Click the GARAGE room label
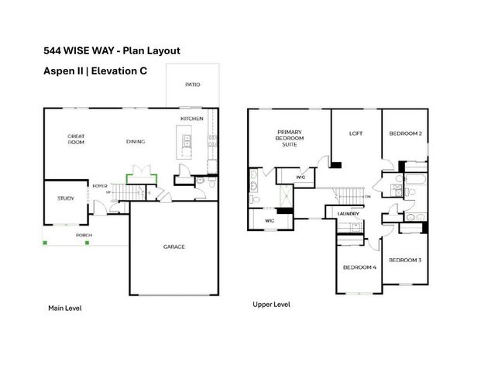tap(174, 247)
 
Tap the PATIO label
tap(193, 84)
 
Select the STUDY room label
tap(65, 198)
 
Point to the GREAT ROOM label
tap(75, 139)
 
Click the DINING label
tap(136, 142)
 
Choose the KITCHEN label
tap(192, 118)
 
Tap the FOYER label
tap(100, 186)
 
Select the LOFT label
tap(356, 133)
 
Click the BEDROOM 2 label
tap(405, 133)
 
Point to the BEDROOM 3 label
tap(404, 260)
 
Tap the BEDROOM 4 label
tap(359, 267)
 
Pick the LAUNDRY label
tap(346, 214)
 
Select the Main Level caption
tap(65, 308)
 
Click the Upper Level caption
tap(271, 305)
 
